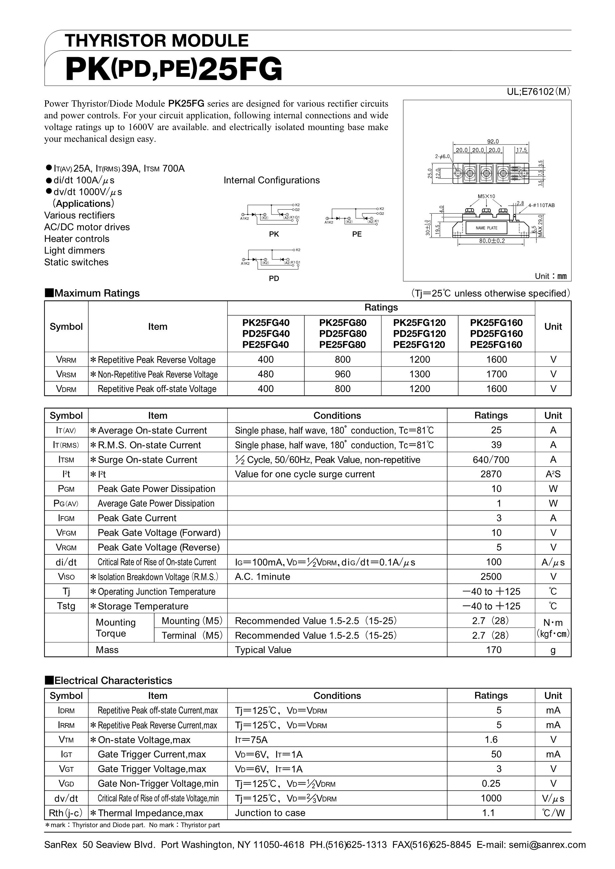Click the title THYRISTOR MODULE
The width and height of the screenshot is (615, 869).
pos(156,41)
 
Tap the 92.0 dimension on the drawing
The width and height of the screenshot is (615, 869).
pos(493,142)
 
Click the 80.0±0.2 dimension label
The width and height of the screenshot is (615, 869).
pos(492,241)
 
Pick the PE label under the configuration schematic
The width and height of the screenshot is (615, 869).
pos(357,234)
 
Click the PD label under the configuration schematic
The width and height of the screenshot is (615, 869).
pos(274,278)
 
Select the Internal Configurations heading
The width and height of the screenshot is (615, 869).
pos(271,180)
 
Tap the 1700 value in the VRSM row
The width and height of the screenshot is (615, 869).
pos(496,374)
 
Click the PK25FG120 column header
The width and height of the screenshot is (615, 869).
pos(419,323)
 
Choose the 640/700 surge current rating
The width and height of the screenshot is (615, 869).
pos(491,460)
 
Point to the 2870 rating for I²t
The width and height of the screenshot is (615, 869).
pos(491,474)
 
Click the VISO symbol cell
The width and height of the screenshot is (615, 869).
pos(66,577)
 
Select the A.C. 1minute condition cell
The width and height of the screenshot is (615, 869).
pos(262,577)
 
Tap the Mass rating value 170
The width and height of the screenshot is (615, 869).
pos(493,650)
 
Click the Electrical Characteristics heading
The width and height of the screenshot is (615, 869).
pos(113,680)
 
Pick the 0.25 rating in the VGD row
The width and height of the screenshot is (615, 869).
pos(491,783)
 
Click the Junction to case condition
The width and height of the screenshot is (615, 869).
pos(270,813)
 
